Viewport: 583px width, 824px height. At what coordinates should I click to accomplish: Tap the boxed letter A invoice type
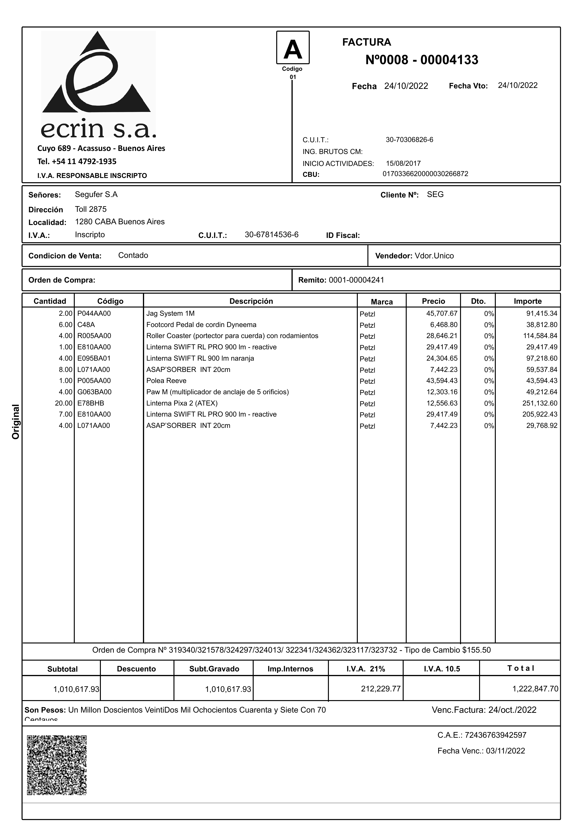[x=293, y=48]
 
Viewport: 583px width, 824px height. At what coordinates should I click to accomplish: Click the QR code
[x=57, y=765]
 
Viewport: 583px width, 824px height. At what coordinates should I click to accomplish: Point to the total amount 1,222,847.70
[x=535, y=689]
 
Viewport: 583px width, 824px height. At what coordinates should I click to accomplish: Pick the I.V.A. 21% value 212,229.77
[x=381, y=688]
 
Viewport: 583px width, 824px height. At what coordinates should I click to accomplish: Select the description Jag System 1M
[x=170, y=313]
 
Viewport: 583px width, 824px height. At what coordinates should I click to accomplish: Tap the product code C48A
[x=86, y=325]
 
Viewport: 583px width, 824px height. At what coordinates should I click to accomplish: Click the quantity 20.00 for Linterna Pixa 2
[x=63, y=403]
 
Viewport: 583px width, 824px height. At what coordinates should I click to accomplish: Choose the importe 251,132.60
[x=540, y=403]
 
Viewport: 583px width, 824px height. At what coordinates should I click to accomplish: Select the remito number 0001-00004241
[x=356, y=280]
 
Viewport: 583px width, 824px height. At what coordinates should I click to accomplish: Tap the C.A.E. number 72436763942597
[x=495, y=735]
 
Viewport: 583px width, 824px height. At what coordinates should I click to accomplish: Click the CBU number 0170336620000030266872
[x=425, y=174]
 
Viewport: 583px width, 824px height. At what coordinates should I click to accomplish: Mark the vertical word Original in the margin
[x=16, y=422]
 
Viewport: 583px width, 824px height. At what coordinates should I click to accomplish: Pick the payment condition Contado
[x=133, y=255]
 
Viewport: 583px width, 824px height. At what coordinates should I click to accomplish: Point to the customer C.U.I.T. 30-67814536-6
[x=271, y=235]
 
